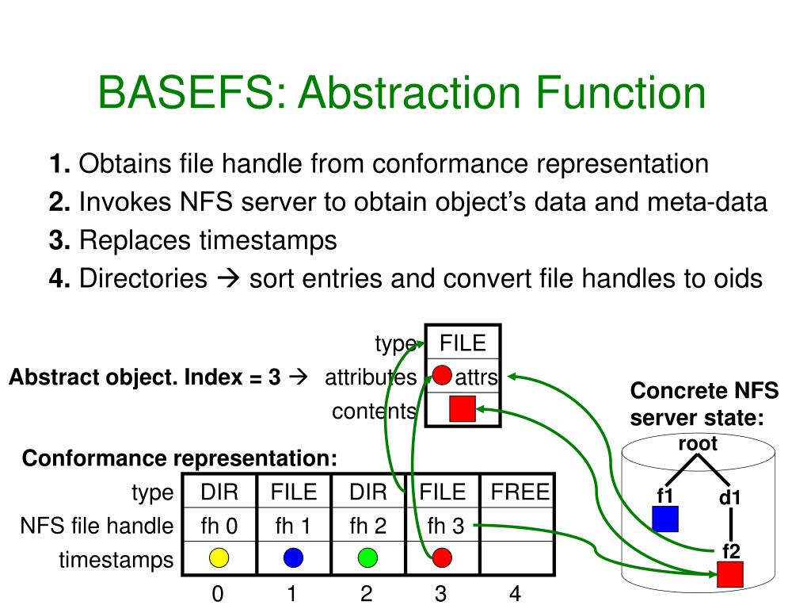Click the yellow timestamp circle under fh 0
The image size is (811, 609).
219,558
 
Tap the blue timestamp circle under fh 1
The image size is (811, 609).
293,558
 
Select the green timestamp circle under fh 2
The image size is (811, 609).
367,558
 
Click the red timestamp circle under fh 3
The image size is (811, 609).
442,558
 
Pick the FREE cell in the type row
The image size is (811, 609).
520,492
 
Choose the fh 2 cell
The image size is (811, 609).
367,526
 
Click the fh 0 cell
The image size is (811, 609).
219,526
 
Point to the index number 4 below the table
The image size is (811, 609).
515,594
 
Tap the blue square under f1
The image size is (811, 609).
665,519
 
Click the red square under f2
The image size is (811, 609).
729,574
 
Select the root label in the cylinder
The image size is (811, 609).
698,444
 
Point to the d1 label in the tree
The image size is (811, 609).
729,498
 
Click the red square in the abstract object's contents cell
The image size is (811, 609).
462,409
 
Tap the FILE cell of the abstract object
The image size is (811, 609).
463,343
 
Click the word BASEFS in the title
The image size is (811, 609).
185,94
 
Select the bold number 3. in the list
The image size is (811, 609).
60,239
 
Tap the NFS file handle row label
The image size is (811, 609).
97,526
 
